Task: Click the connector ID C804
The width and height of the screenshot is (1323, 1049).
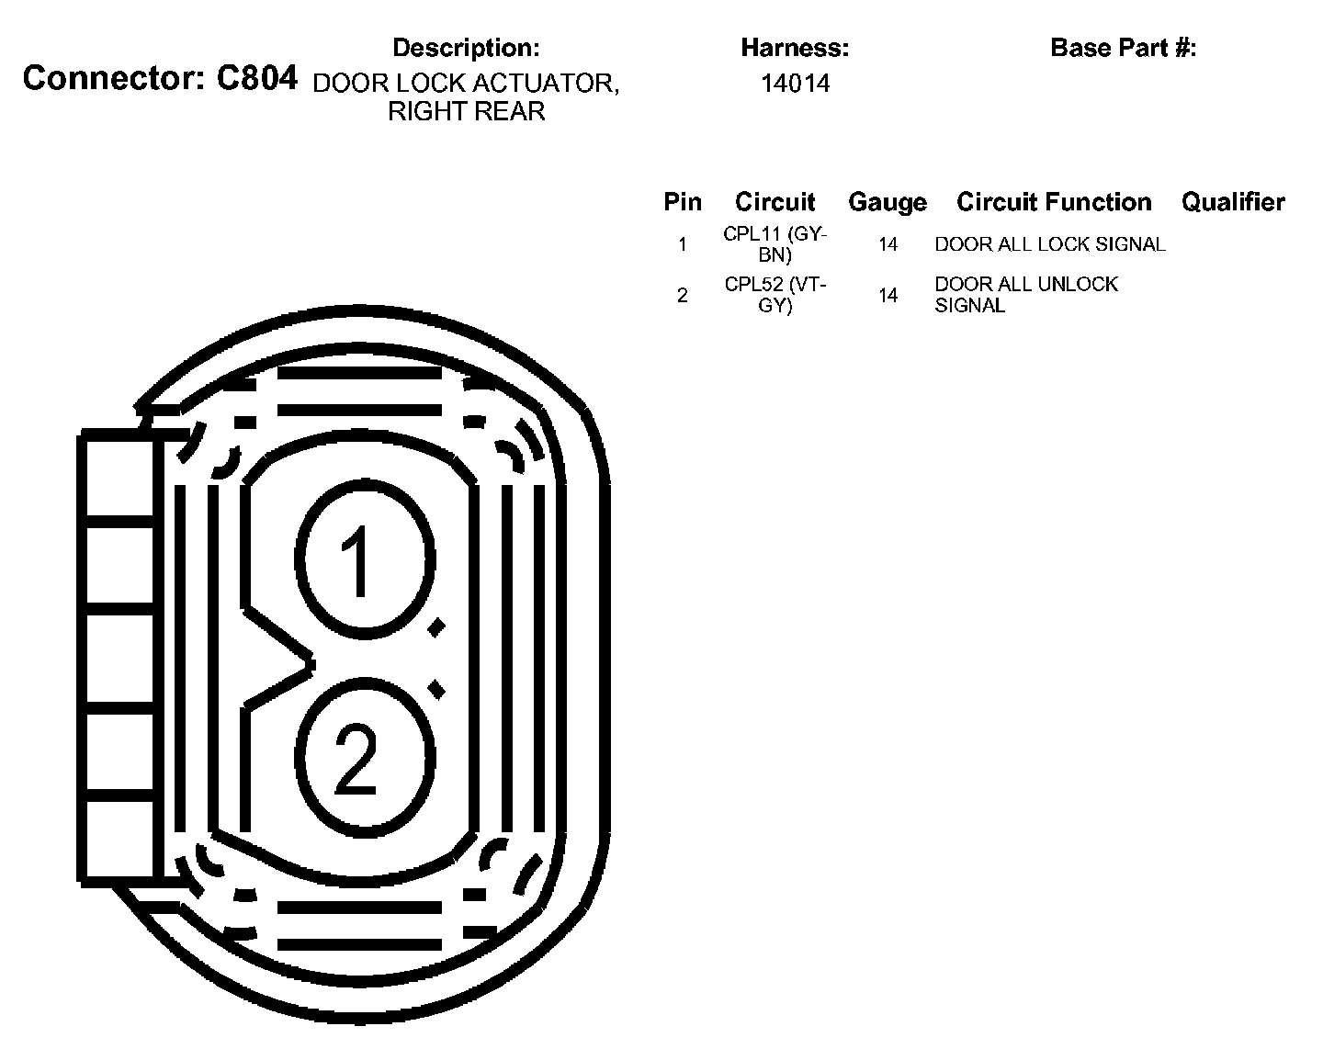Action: pyautogui.click(x=256, y=79)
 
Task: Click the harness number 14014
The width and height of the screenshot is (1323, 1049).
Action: pyautogui.click(x=795, y=84)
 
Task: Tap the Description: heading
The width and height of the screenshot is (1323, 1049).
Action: pyautogui.click(x=466, y=48)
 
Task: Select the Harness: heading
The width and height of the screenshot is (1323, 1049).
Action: pyautogui.click(x=795, y=48)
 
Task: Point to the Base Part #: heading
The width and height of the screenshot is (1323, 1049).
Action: pyautogui.click(x=1123, y=48)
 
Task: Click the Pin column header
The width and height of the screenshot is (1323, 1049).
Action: pyautogui.click(x=683, y=202)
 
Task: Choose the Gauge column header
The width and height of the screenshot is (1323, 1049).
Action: pyautogui.click(x=887, y=202)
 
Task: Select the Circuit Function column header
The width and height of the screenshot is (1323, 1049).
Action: pyautogui.click(x=1054, y=202)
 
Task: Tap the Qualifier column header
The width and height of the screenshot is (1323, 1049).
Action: pyautogui.click(x=1233, y=202)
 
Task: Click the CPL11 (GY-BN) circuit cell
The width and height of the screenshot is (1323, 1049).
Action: pyautogui.click(x=775, y=244)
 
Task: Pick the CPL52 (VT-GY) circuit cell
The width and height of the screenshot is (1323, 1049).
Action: pyautogui.click(x=775, y=295)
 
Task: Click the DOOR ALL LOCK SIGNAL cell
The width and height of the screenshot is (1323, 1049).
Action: pyautogui.click(x=1050, y=244)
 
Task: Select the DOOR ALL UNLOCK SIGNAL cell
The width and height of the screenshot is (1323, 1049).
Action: pyautogui.click(x=1026, y=295)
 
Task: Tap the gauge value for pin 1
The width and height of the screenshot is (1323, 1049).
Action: pyautogui.click(x=888, y=244)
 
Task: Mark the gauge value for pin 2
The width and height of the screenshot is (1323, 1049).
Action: pyautogui.click(x=888, y=295)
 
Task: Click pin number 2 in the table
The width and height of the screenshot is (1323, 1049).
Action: pyautogui.click(x=682, y=295)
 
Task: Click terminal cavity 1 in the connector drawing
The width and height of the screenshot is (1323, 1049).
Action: pyautogui.click(x=364, y=560)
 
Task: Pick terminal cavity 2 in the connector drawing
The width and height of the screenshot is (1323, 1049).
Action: pyautogui.click(x=364, y=758)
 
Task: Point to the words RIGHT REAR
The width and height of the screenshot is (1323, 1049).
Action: pyautogui.click(x=466, y=112)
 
